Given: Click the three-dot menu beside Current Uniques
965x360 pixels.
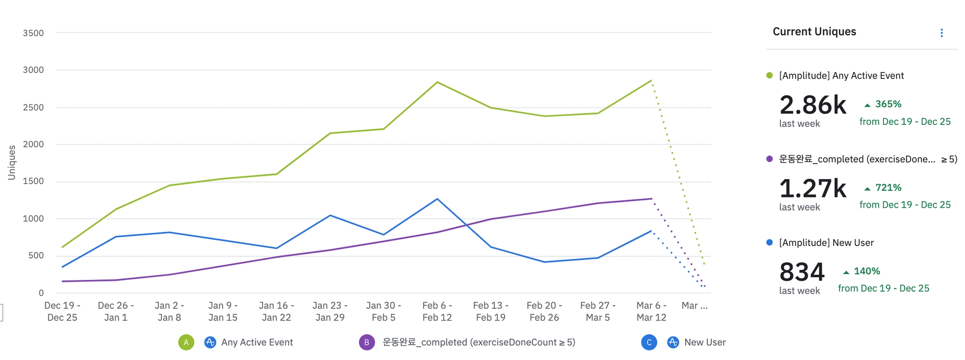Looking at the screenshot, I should [x=941, y=33].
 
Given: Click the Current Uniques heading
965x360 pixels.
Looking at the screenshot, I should [x=814, y=32].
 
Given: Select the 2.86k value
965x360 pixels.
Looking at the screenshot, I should [x=813, y=105].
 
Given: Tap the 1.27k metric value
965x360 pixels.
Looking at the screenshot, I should [x=813, y=188].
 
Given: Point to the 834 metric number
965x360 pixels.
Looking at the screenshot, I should [x=802, y=272].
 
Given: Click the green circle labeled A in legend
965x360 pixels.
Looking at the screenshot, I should [x=186, y=342].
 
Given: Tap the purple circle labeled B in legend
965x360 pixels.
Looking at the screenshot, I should [x=367, y=342].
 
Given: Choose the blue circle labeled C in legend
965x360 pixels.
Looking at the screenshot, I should [x=649, y=342].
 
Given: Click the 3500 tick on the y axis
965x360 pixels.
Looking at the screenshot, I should [x=33, y=33].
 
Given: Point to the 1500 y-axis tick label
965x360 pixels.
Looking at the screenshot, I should [x=33, y=181].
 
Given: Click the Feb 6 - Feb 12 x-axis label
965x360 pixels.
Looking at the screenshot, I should [x=437, y=311].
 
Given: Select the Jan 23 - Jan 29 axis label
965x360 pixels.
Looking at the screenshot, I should [x=330, y=311].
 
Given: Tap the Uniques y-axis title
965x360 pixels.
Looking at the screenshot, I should [x=12, y=163].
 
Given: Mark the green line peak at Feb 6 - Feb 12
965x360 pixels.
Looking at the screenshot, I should [x=437, y=82].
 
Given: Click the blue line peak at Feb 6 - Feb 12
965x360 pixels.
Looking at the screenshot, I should [x=437, y=199].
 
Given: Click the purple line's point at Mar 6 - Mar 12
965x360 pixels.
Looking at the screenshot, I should [x=651, y=198].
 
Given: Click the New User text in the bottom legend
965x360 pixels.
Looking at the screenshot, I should [x=705, y=342].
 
